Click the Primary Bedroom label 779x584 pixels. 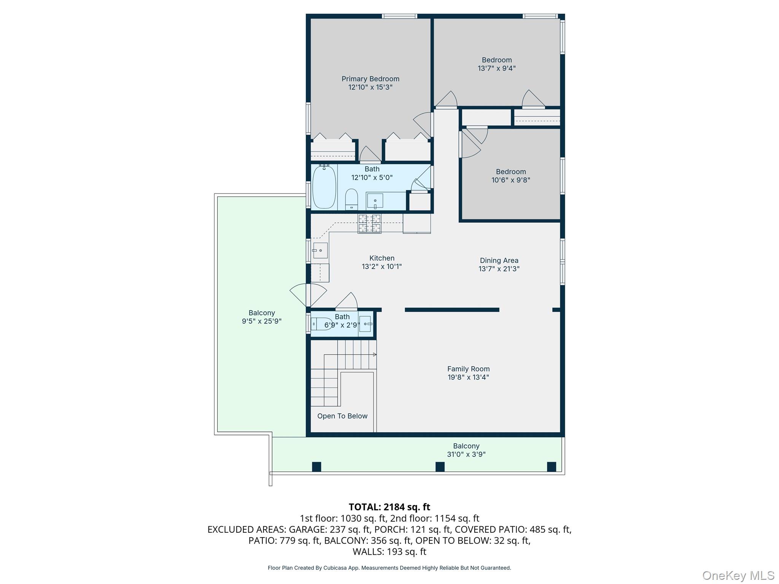tap(370, 79)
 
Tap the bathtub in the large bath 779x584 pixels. tap(324, 187)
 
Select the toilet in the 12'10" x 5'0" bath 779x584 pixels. tap(351, 199)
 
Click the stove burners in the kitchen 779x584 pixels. tap(369, 223)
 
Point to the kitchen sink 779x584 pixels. tap(320, 251)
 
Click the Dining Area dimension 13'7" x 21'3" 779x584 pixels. tap(499, 268)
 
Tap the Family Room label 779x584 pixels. tap(468, 369)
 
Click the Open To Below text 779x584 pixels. tap(342, 416)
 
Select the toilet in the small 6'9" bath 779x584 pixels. tap(320, 324)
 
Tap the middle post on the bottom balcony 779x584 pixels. tap(440, 467)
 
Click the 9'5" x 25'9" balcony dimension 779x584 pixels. tap(262, 321)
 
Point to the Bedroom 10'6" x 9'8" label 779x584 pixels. tap(510, 172)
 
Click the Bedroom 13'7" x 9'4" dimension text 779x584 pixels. tap(496, 68)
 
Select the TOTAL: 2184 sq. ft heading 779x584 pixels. tap(389, 507)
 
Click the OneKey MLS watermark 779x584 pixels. tap(738, 575)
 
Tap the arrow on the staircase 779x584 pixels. tap(374, 355)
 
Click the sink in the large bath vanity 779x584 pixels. tap(375, 201)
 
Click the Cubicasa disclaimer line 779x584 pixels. tap(389, 568)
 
